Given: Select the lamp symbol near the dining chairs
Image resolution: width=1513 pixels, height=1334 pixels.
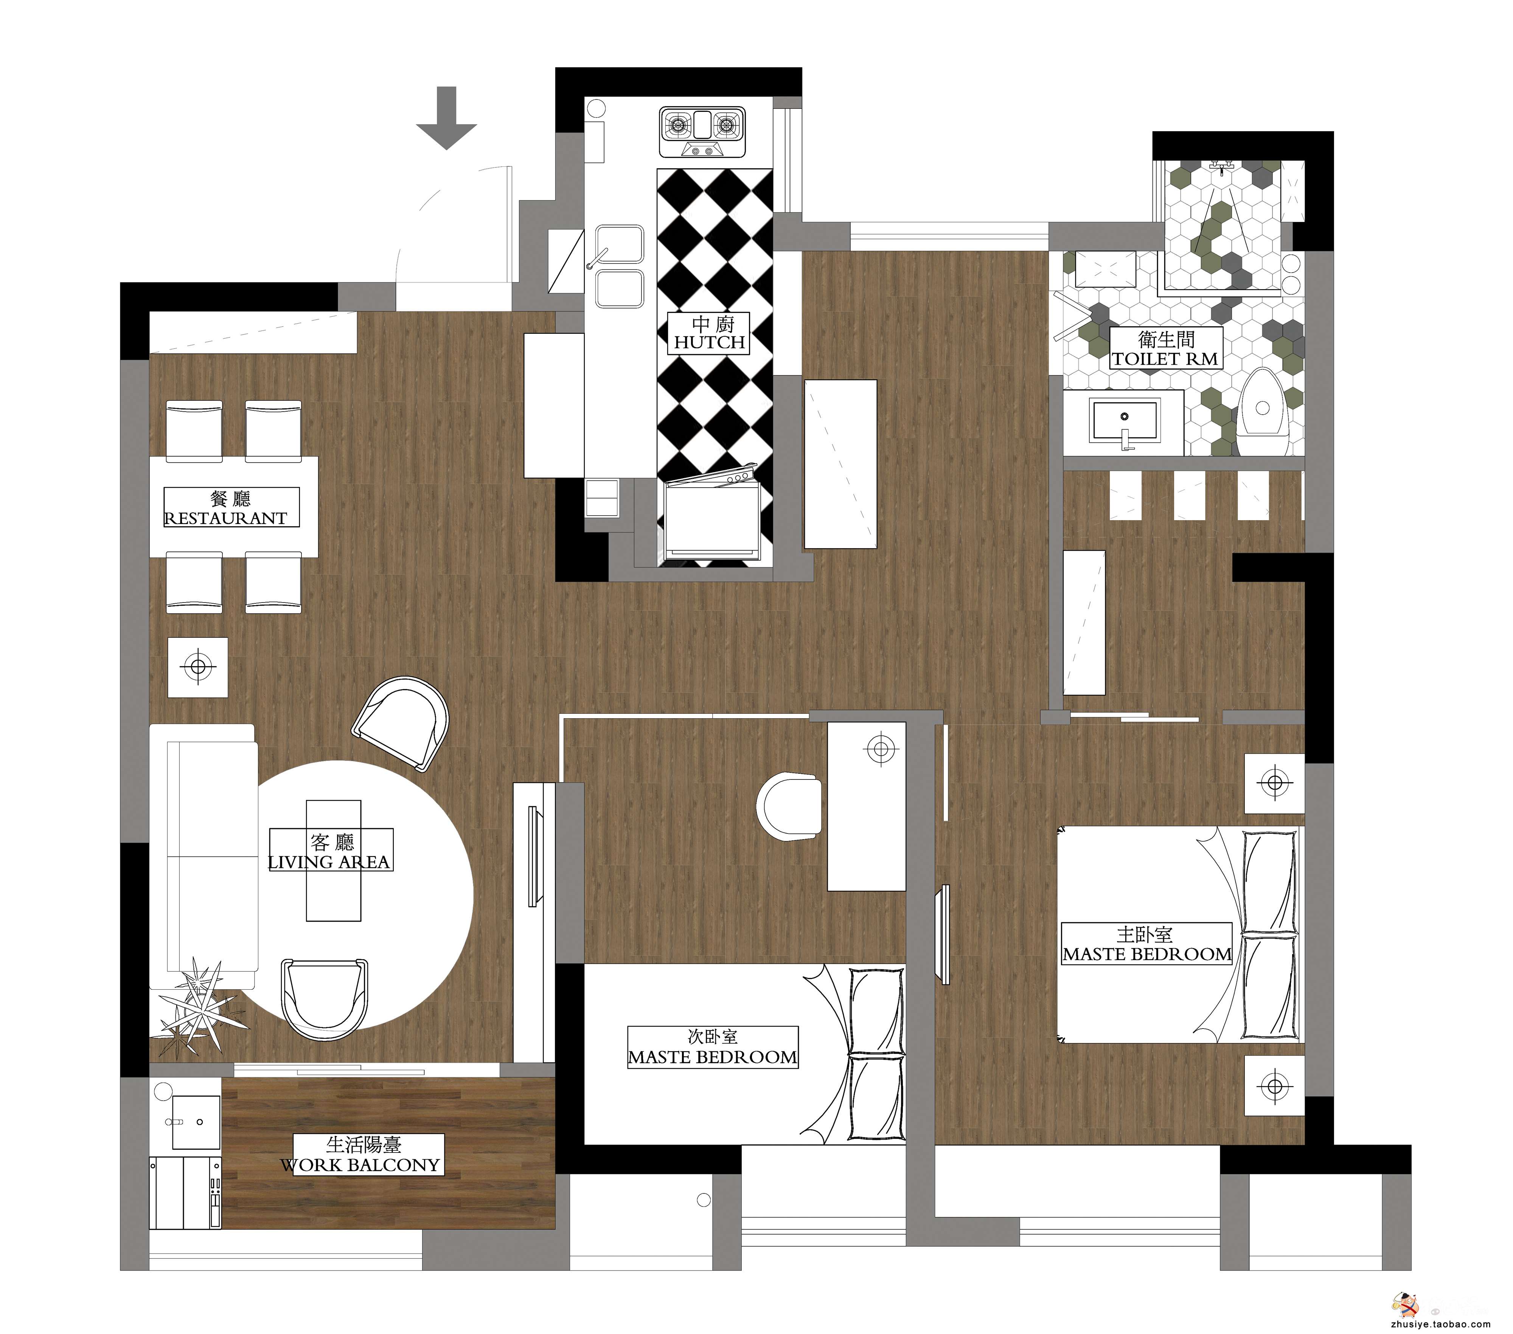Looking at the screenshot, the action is [198, 667].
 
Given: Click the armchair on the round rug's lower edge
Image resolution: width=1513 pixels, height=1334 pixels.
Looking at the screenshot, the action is [324, 997].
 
